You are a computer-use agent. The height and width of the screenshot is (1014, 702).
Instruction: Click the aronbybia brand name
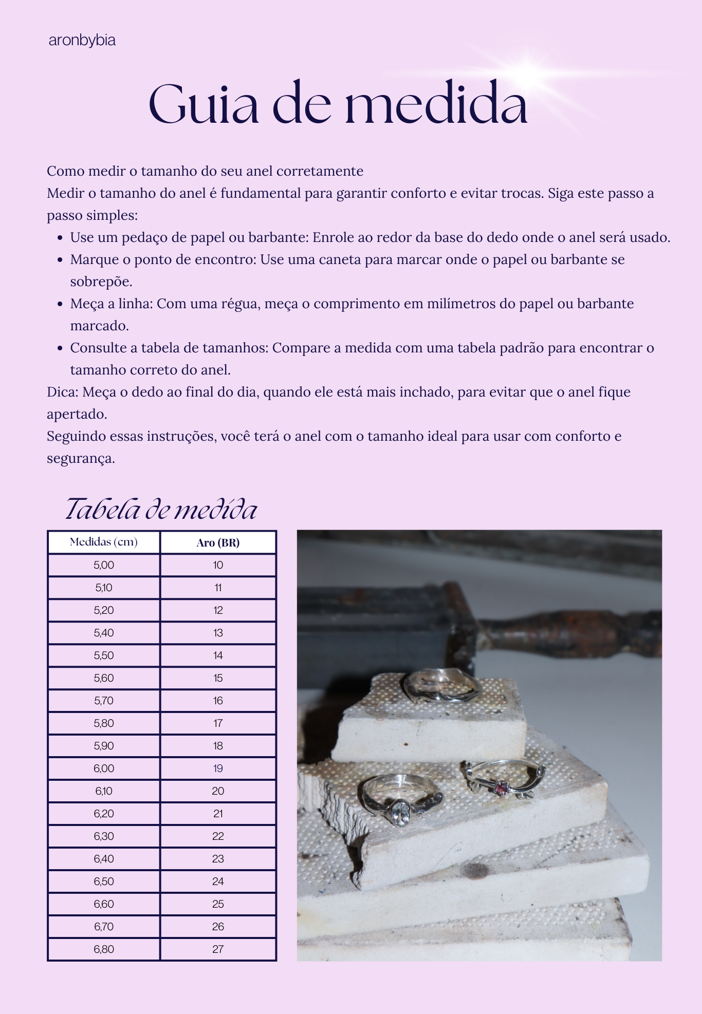[x=82, y=40]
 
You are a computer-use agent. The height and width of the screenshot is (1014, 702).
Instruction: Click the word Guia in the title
[x=204, y=104]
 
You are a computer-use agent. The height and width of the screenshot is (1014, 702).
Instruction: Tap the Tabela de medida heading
[x=161, y=509]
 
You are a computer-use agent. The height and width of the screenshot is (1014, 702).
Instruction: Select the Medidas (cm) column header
[x=104, y=542]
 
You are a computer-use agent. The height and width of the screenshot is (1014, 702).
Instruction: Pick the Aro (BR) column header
[x=218, y=542]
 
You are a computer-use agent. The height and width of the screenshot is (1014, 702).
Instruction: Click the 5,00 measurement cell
[x=104, y=565]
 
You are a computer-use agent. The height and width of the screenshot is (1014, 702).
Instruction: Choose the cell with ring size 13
[x=218, y=633]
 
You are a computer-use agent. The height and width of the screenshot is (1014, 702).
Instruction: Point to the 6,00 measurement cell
[x=104, y=768]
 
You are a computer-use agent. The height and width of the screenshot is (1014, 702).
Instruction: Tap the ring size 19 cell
[x=218, y=768]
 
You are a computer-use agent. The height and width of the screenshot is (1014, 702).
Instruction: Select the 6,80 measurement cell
[x=104, y=949]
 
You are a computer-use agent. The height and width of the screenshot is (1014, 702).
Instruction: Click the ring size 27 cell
[x=218, y=949]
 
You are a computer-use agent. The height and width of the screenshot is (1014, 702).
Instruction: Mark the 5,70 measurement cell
[x=104, y=701]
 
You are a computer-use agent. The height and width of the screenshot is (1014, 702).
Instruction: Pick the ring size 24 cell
[x=218, y=881]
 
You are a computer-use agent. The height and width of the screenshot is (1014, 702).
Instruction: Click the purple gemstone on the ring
[x=501, y=787]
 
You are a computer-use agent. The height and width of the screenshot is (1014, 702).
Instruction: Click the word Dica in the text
[x=61, y=392]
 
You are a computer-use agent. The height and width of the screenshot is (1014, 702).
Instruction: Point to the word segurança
[x=80, y=459]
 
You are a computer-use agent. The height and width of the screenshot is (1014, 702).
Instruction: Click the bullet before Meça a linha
[x=60, y=304]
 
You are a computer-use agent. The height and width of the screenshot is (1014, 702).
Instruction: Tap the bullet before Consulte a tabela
[x=60, y=348]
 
